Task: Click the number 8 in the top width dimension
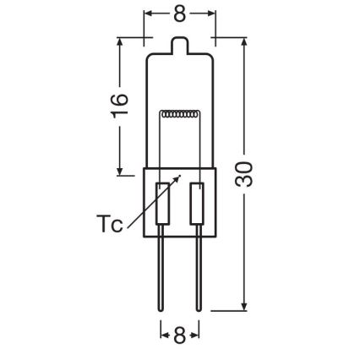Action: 179,15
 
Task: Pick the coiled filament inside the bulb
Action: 179,112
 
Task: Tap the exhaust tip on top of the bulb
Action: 179,42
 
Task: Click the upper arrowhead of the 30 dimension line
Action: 245,41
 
